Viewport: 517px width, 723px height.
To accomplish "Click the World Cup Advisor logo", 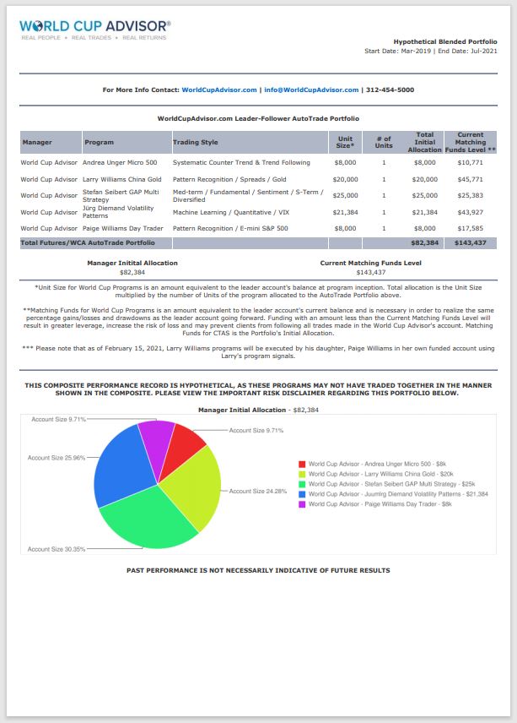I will (x=94, y=30).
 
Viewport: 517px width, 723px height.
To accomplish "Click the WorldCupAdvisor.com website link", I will (x=219, y=90).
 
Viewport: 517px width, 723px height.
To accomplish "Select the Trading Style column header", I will (x=196, y=143).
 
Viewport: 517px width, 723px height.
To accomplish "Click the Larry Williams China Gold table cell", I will (x=121, y=179).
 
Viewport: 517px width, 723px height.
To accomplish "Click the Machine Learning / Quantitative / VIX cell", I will (x=230, y=212).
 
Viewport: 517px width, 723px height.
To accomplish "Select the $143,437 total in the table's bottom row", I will (x=470, y=242).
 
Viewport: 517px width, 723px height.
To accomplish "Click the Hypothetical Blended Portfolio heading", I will (x=445, y=41).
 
